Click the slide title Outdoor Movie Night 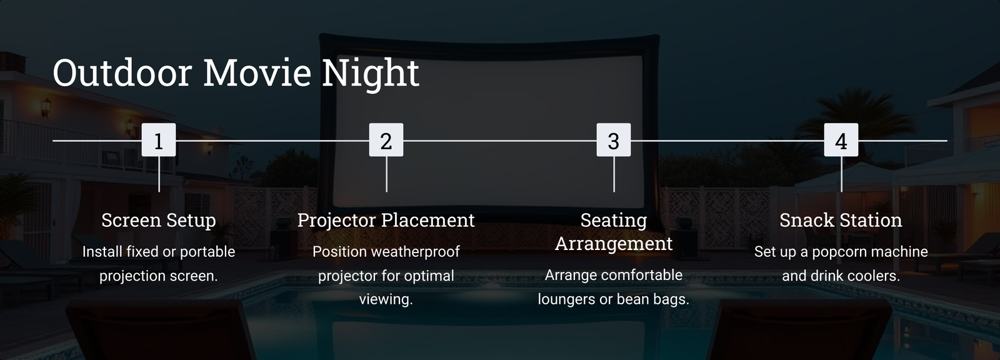click(236, 72)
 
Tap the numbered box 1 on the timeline click(159, 140)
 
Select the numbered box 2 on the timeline click(386, 140)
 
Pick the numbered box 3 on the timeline click(614, 140)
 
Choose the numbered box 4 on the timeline click(841, 140)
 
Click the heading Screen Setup click(159, 220)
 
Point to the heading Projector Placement click(386, 220)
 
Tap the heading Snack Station click(841, 220)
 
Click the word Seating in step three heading click(614, 221)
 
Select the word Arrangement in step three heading click(614, 244)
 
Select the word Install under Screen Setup click(102, 251)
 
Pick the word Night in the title click(371, 72)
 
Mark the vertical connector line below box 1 click(159, 174)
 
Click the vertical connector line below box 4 click(841, 174)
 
